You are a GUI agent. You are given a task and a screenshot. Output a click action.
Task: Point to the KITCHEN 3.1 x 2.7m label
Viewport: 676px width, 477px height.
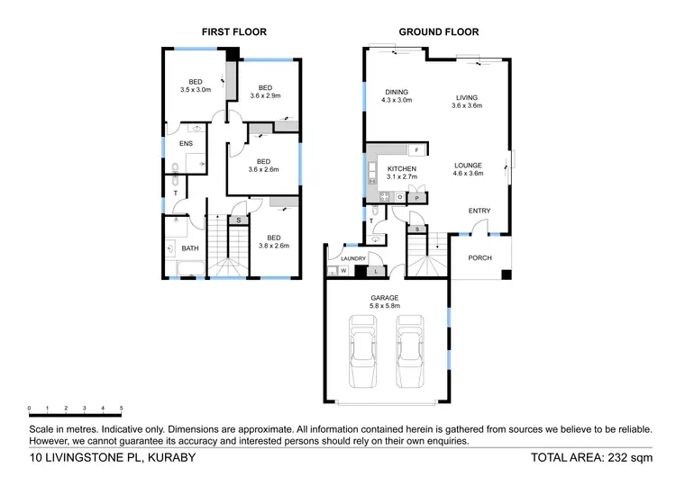click(x=401, y=173)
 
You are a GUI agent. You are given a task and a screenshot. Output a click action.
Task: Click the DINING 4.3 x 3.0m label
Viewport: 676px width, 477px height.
click(x=397, y=96)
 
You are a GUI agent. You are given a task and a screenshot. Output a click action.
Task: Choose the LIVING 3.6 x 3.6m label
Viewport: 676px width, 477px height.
click(x=467, y=101)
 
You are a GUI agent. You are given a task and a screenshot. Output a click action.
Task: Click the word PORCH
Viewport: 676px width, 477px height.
click(x=480, y=258)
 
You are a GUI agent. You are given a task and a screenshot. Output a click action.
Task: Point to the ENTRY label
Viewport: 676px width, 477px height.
click(x=480, y=211)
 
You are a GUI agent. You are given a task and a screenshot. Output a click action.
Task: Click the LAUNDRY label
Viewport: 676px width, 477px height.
click(x=353, y=258)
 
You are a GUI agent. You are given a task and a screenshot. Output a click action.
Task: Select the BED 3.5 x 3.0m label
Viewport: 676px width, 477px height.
click(x=195, y=85)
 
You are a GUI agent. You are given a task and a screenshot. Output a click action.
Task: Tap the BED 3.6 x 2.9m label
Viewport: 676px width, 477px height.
click(x=265, y=92)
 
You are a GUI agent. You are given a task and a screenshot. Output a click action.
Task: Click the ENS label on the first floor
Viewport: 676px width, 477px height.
click(x=186, y=143)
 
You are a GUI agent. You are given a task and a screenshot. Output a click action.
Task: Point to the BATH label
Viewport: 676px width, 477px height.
click(x=190, y=248)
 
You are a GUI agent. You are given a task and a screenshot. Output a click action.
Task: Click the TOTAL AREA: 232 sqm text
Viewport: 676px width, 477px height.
click(x=591, y=457)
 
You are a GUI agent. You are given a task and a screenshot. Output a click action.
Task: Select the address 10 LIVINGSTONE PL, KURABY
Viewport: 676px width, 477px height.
click(x=106, y=457)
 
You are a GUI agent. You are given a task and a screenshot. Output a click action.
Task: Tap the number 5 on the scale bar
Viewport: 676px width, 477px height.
click(x=121, y=408)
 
